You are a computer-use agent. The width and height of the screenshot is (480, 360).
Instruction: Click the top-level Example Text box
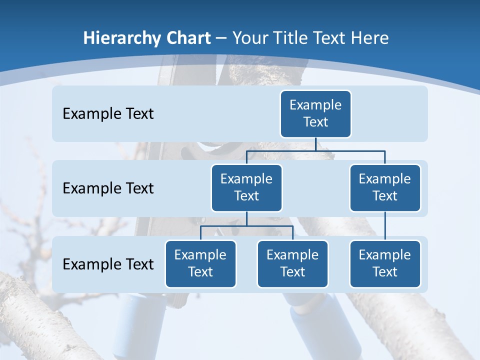click(x=315, y=113)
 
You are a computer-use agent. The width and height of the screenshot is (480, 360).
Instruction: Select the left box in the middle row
click(x=246, y=187)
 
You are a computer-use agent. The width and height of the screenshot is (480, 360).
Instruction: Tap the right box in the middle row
click(x=385, y=187)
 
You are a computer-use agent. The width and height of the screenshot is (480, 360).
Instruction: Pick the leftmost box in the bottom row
click(x=200, y=263)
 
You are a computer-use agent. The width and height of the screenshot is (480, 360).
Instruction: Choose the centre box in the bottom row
click(x=292, y=263)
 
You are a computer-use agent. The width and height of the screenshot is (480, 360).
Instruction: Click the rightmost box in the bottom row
click(x=385, y=263)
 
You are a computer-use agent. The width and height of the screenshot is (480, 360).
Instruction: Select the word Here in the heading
click(x=370, y=38)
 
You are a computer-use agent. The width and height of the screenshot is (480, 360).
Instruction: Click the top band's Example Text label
click(x=108, y=113)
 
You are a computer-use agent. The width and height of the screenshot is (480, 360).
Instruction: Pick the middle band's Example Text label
click(x=108, y=188)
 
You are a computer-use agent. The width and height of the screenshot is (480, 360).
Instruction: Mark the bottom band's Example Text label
click(x=108, y=264)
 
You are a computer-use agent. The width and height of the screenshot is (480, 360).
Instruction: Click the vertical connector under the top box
click(x=315, y=144)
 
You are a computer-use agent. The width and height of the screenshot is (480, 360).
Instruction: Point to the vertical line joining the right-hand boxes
click(x=385, y=225)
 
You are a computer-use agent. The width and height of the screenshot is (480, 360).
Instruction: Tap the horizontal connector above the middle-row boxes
click(x=315, y=150)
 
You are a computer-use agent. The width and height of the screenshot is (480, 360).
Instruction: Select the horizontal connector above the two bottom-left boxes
click(x=246, y=226)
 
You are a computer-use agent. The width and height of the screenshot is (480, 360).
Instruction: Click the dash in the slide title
click(x=221, y=38)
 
